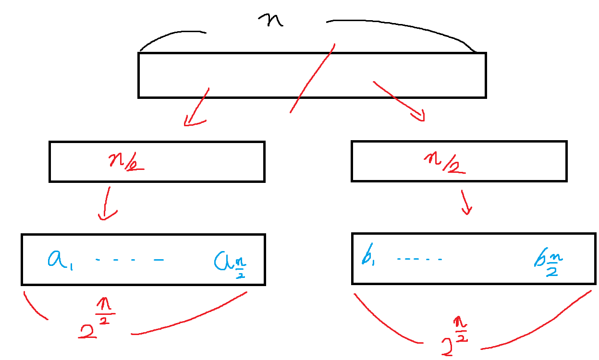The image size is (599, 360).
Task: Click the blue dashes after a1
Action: [x=130, y=260]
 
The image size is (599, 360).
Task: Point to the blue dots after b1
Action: [x=419, y=260]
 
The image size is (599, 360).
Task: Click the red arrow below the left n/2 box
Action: [x=105, y=204]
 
